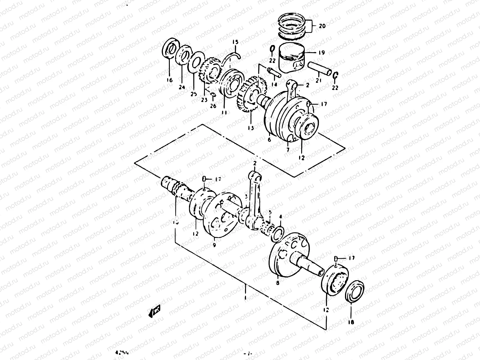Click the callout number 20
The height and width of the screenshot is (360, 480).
point(322,26)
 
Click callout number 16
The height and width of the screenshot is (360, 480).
point(169,80)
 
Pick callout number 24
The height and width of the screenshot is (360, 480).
point(181,87)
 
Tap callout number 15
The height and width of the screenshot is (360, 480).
point(235,42)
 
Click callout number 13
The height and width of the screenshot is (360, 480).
point(250,128)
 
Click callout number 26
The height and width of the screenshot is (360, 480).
point(213,106)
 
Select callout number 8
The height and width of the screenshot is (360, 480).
point(278,282)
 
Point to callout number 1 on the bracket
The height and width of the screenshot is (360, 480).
point(245,297)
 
